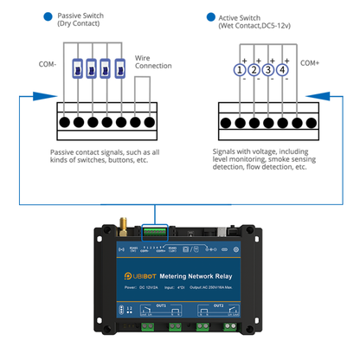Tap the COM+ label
[x=309, y=63]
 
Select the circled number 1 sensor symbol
[x=239, y=70]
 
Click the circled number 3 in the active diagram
[x=267, y=70]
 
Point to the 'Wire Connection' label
[x=152, y=61]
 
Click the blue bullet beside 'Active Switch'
[x=211, y=16]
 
